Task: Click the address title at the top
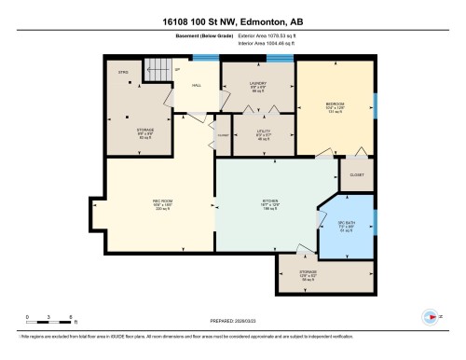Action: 232,19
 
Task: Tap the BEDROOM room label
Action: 336,104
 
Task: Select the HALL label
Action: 198,85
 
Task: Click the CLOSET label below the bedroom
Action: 357,174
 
